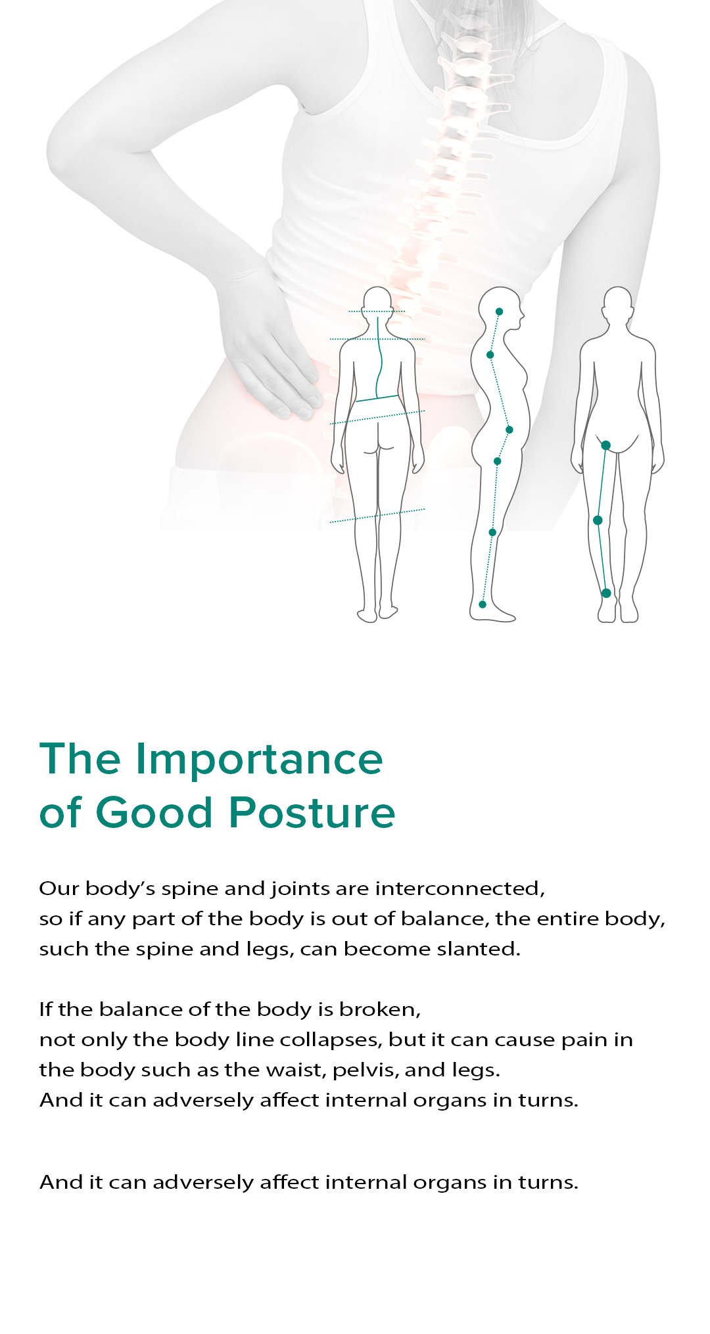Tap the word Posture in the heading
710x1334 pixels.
click(312, 812)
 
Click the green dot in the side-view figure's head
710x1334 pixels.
click(499, 311)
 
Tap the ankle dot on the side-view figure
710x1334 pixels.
click(483, 605)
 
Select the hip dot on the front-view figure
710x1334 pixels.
click(606, 446)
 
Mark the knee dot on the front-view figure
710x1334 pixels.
click(598, 520)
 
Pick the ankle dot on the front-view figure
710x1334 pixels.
click(606, 593)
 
